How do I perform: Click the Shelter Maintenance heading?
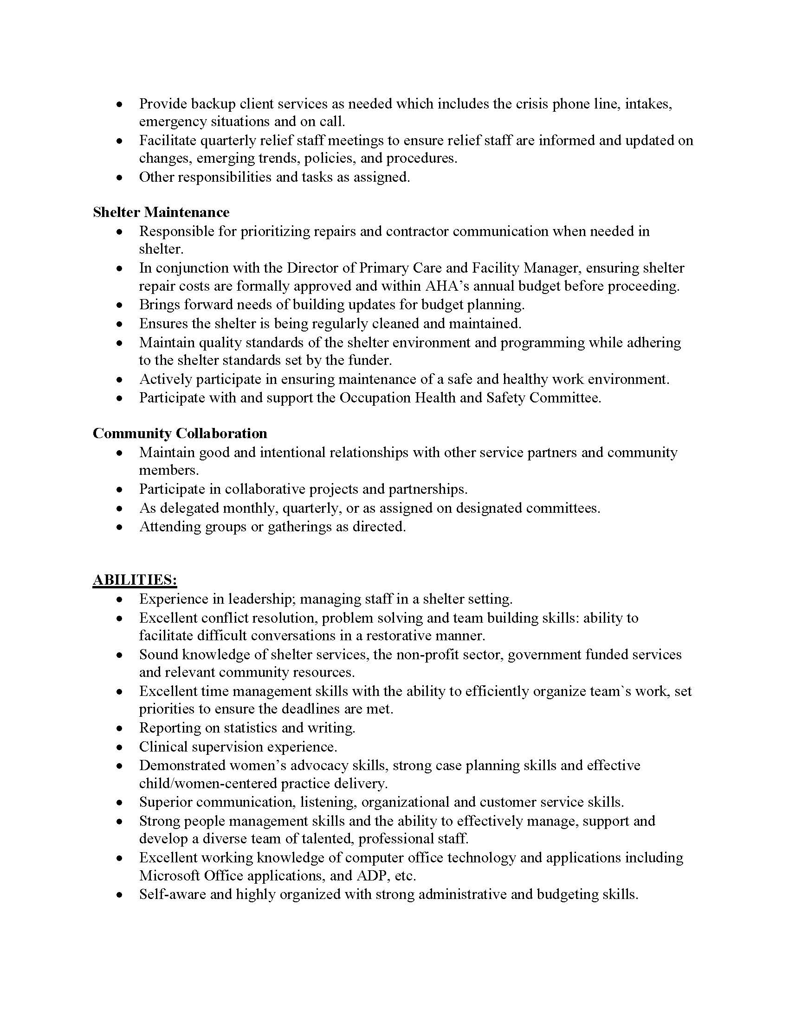point(161,212)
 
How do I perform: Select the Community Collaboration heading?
point(180,433)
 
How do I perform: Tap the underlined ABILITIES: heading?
point(135,580)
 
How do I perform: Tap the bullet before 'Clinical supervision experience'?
point(120,747)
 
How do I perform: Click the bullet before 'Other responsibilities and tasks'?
point(120,178)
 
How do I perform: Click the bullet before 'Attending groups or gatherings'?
point(120,527)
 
